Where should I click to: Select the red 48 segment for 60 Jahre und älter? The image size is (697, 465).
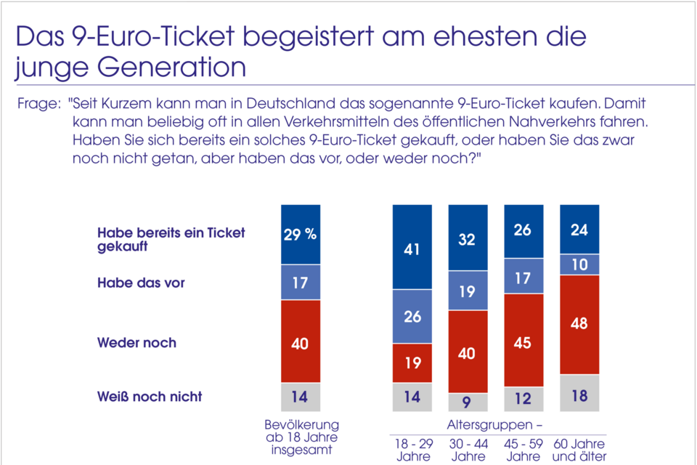pyautogui.click(x=579, y=324)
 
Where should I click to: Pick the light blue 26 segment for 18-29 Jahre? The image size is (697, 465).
pyautogui.click(x=412, y=316)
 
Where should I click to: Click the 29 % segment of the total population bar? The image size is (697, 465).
pyautogui.click(x=300, y=234)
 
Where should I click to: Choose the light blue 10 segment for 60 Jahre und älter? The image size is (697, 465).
pyautogui.click(x=579, y=264)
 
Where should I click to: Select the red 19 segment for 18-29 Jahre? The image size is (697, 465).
pyautogui.click(x=412, y=363)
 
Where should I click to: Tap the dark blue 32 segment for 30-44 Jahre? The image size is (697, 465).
pyautogui.click(x=468, y=238)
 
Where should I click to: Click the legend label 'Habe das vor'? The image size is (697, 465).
pyautogui.click(x=141, y=283)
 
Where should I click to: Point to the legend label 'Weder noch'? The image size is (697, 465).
pyautogui.click(x=136, y=342)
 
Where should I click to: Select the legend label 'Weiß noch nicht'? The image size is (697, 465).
pyautogui.click(x=150, y=397)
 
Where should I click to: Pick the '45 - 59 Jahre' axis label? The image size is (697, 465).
pyautogui.click(x=523, y=450)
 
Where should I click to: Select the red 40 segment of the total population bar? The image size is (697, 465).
pyautogui.click(x=300, y=341)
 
